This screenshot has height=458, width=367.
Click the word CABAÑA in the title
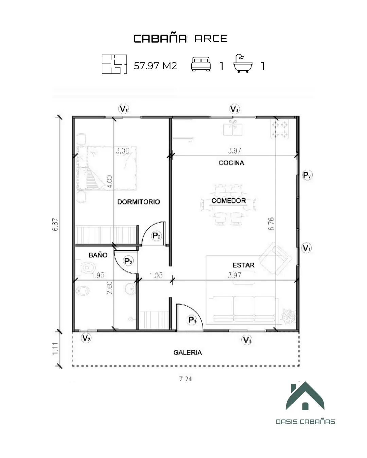(x=160, y=39)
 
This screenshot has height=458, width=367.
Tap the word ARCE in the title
(x=211, y=39)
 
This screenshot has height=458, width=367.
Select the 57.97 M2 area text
(x=155, y=65)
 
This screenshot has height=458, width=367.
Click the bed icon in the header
(x=201, y=64)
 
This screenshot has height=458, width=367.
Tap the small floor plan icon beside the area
(x=114, y=64)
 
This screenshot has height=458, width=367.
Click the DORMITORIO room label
(x=138, y=202)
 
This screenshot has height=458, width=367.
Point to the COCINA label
(x=231, y=163)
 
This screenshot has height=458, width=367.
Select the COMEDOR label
(x=228, y=201)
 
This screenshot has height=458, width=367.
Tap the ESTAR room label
(x=243, y=265)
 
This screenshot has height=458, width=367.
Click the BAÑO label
(x=98, y=255)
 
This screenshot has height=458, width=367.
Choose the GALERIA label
(x=188, y=352)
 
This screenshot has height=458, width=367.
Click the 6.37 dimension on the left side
(x=55, y=224)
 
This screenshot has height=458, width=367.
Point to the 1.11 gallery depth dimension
(x=55, y=349)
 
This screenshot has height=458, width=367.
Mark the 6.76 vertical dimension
(x=271, y=224)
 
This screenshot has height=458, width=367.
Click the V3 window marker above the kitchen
(x=234, y=109)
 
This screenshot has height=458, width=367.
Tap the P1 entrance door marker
(x=192, y=320)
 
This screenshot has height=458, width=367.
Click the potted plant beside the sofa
(x=288, y=315)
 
